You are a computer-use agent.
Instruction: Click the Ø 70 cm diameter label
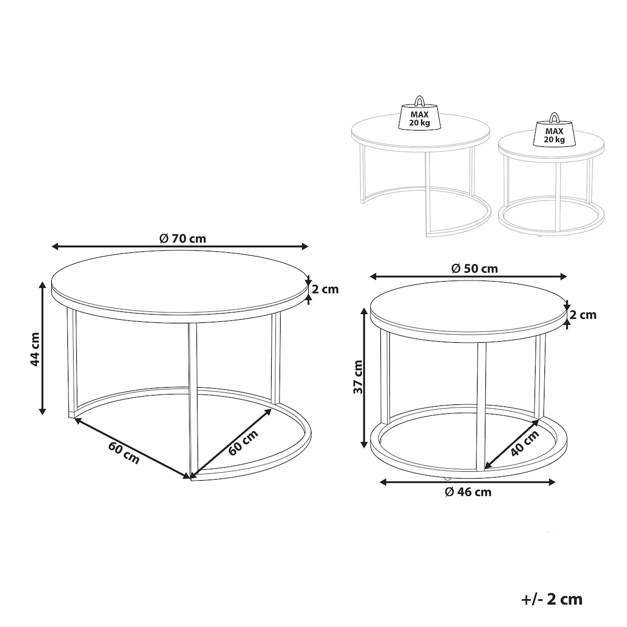pos(182,238)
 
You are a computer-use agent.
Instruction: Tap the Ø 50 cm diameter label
pos(475,269)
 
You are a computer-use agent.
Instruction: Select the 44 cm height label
pos(35,349)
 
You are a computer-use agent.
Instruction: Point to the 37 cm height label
pos(358,376)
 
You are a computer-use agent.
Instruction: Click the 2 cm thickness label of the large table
pos(325,289)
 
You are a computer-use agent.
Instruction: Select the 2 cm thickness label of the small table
pos(583,315)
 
